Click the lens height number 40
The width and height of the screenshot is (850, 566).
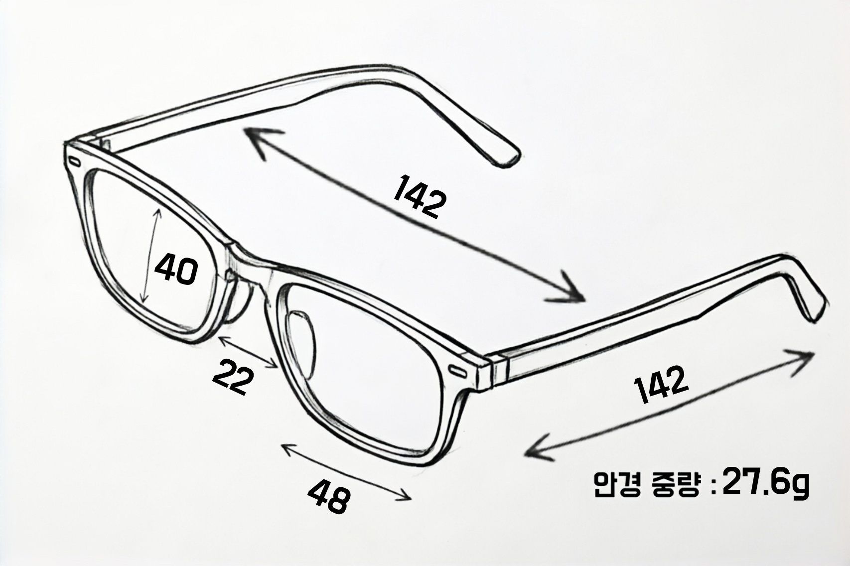pyautogui.click(x=176, y=270)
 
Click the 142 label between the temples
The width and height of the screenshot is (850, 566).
pyautogui.click(x=420, y=196)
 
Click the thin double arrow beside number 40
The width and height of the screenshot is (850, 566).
pyautogui.click(x=151, y=257)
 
